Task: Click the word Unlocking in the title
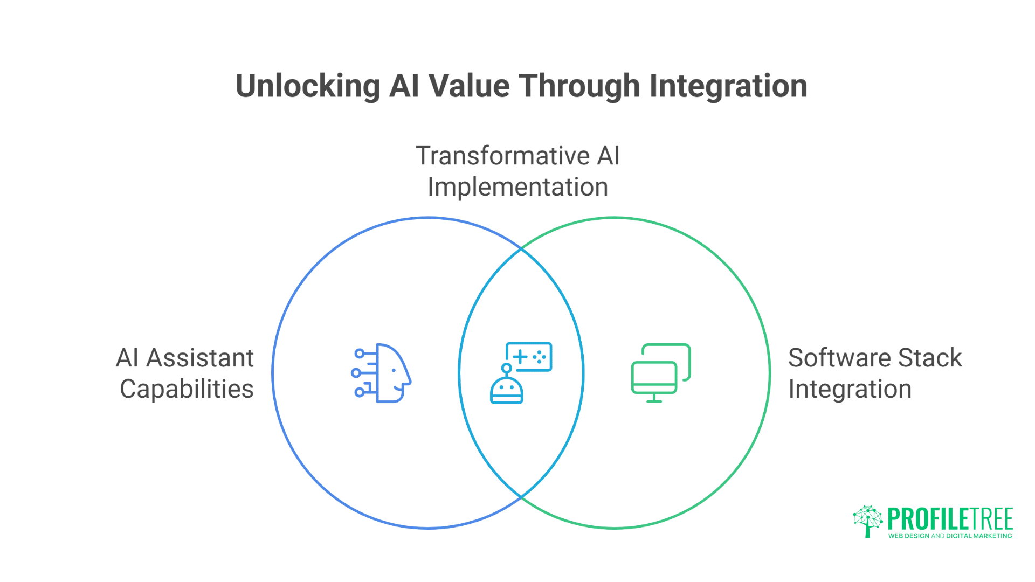click(x=308, y=86)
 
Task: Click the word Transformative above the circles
click(x=503, y=156)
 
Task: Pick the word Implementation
click(x=517, y=188)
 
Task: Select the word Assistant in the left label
click(x=199, y=358)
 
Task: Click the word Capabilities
click(x=187, y=389)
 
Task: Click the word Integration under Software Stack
click(x=850, y=389)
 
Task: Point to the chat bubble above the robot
click(x=529, y=357)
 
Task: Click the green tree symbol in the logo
click(x=867, y=521)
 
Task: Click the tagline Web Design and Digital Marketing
click(x=950, y=536)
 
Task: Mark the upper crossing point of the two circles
click(x=521, y=249)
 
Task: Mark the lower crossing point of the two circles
click(x=521, y=497)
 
